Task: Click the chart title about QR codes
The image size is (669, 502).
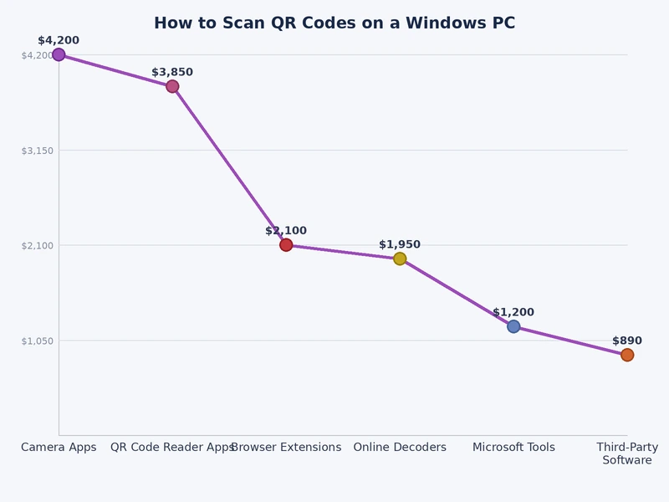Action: pyautogui.click(x=334, y=23)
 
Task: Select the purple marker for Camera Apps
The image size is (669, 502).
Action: pyautogui.click(x=59, y=54)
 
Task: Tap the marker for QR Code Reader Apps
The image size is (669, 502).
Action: pyautogui.click(x=172, y=86)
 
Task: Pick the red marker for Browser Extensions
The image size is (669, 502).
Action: pyautogui.click(x=286, y=245)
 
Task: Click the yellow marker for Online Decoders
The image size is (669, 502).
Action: pyautogui.click(x=400, y=259)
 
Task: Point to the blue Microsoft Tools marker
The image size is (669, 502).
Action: pyautogui.click(x=513, y=326)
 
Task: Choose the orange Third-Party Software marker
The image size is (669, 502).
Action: pyautogui.click(x=627, y=355)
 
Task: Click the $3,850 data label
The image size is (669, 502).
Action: pyautogui.click(x=172, y=72)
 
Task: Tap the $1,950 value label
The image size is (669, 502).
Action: pyautogui.click(x=400, y=244)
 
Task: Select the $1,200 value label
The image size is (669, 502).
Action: pyautogui.click(x=513, y=312)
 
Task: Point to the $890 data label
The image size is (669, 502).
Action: pyautogui.click(x=627, y=341)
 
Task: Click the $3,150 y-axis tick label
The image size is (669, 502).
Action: pyautogui.click(x=37, y=151)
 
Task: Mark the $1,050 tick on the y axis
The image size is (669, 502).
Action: pyautogui.click(x=37, y=341)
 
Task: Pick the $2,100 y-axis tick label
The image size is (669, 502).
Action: pyautogui.click(x=37, y=245)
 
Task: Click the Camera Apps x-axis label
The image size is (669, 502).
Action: pyautogui.click(x=59, y=448)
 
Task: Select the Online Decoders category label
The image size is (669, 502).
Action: pyautogui.click(x=400, y=448)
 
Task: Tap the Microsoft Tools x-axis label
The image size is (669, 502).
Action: pyautogui.click(x=513, y=448)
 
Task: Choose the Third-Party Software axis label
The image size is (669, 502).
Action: pyautogui.click(x=627, y=453)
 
